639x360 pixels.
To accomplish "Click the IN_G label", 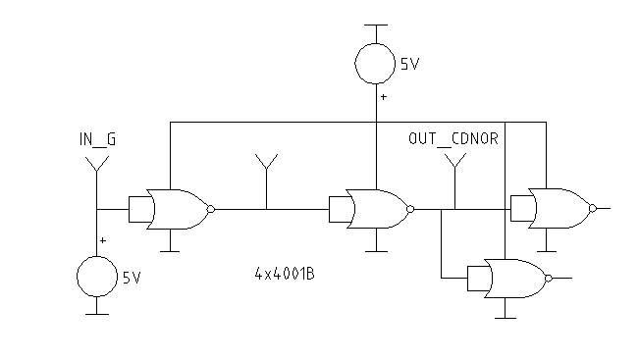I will click(97, 140).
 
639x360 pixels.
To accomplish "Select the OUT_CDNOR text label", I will click(453, 139).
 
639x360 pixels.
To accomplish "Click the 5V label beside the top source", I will click(409, 65).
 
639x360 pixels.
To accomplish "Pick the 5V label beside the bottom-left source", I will click(133, 278).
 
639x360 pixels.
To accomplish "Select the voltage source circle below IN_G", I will click(97, 278).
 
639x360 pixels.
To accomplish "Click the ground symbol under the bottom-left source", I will click(97, 314).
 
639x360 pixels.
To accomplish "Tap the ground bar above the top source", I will click(376, 25).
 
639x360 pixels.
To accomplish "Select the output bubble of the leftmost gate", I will click(211, 209).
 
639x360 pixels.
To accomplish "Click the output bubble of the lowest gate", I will click(549, 279).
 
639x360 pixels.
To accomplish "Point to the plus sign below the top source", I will click(383, 98).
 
